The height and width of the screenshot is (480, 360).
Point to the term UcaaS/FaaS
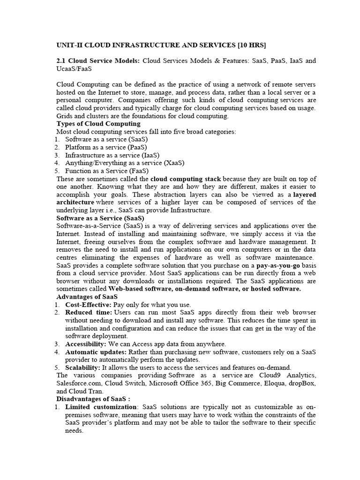pyautogui.click(x=74, y=68)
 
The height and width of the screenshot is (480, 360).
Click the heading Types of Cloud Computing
pyautogui.click(x=98, y=124)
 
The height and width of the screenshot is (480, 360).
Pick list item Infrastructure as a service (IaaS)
pyautogui.click(x=112, y=155)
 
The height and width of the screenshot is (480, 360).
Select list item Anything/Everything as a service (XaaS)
pyautogui.click(x=125, y=163)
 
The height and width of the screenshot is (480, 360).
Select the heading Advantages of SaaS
pyautogui.click(x=87, y=297)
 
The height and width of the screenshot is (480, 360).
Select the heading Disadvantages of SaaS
pyautogui.click(x=91, y=399)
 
